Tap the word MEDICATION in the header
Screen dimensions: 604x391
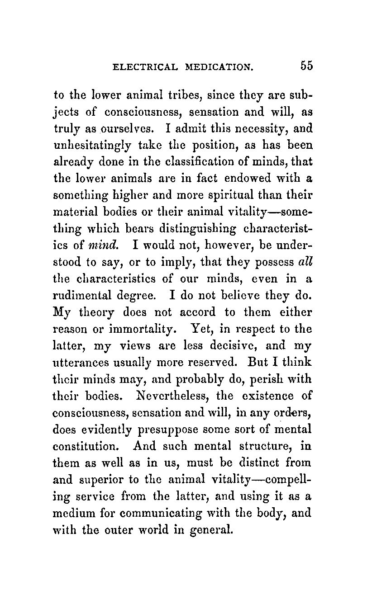pos(219,67)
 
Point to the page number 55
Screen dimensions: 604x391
pos(305,66)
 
